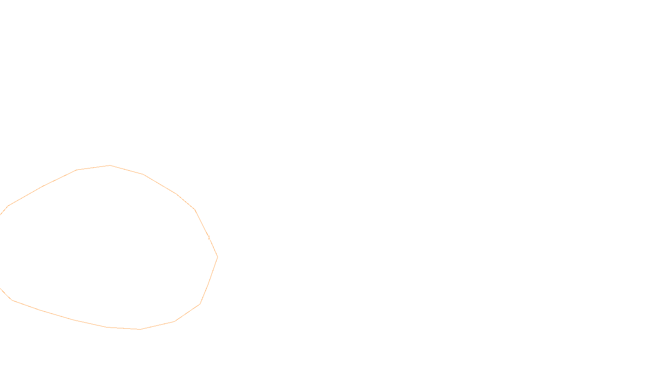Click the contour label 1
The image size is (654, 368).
[209, 238]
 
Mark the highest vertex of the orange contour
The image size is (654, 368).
[110, 165]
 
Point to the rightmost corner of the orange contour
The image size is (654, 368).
[217, 257]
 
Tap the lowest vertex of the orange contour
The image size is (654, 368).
[140, 329]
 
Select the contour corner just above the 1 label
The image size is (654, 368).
[195, 209]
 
